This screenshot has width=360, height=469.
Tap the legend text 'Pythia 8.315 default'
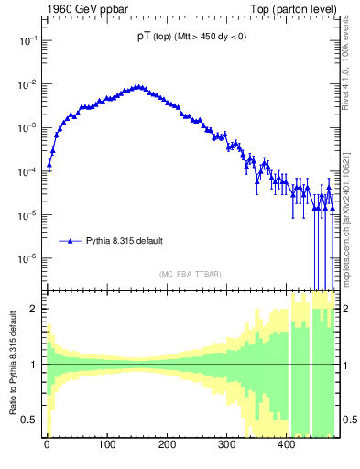125,241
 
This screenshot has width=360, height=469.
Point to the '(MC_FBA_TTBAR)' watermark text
191,274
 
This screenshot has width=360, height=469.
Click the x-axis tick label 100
106,449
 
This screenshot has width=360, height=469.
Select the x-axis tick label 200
167,449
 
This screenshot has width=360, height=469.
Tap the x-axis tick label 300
226,449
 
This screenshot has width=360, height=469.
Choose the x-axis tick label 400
287,449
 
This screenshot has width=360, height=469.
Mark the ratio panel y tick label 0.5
30,420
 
